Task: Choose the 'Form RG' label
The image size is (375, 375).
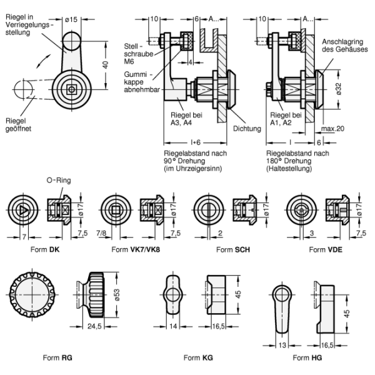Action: click(58, 357)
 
